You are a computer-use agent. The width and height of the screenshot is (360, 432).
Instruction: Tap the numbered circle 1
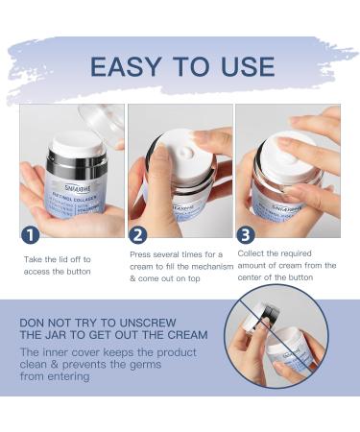pyautogui.click(x=31, y=234)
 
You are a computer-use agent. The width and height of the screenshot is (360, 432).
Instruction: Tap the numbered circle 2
pyautogui.click(x=139, y=234)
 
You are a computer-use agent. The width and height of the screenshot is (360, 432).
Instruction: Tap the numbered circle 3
pyautogui.click(x=247, y=234)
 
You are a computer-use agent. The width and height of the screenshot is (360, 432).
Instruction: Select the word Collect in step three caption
pyautogui.click(x=254, y=252)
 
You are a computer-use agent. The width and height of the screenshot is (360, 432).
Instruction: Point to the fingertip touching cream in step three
pyautogui.click(x=288, y=144)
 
